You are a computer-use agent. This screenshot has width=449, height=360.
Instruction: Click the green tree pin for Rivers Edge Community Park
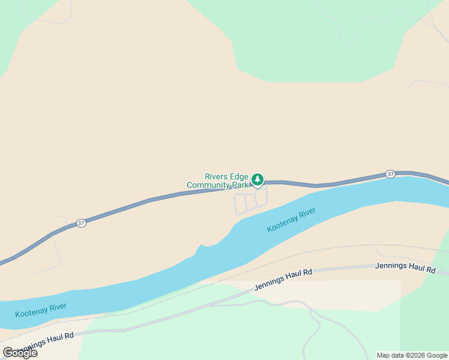(x=258, y=179)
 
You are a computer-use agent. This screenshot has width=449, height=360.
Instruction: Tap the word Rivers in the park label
(x=215, y=176)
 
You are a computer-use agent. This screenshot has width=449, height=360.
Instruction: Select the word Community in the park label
(x=209, y=185)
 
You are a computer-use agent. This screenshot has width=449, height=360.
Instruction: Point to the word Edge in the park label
(x=238, y=176)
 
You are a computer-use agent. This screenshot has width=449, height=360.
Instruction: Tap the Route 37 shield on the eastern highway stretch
(x=390, y=174)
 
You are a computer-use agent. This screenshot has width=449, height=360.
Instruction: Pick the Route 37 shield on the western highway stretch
(x=81, y=223)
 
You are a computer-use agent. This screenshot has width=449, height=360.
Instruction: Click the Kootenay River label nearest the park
(x=291, y=220)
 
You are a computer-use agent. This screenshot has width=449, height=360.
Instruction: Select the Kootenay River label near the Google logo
(x=41, y=310)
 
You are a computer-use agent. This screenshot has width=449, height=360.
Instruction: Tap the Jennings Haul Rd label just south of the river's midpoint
(x=283, y=280)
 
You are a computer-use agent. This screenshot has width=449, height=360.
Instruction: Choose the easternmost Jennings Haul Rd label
(x=405, y=268)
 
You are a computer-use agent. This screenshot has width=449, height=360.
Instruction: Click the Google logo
(x=20, y=353)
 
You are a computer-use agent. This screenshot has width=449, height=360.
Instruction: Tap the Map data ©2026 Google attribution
(x=412, y=355)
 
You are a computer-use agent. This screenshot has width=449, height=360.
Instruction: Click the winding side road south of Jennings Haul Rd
(x=314, y=327)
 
